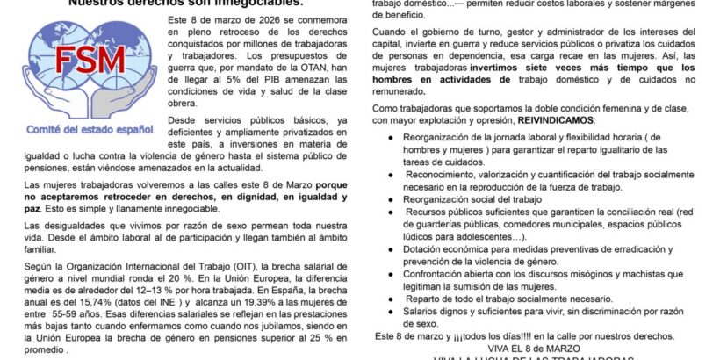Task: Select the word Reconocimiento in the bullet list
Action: (447, 174)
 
